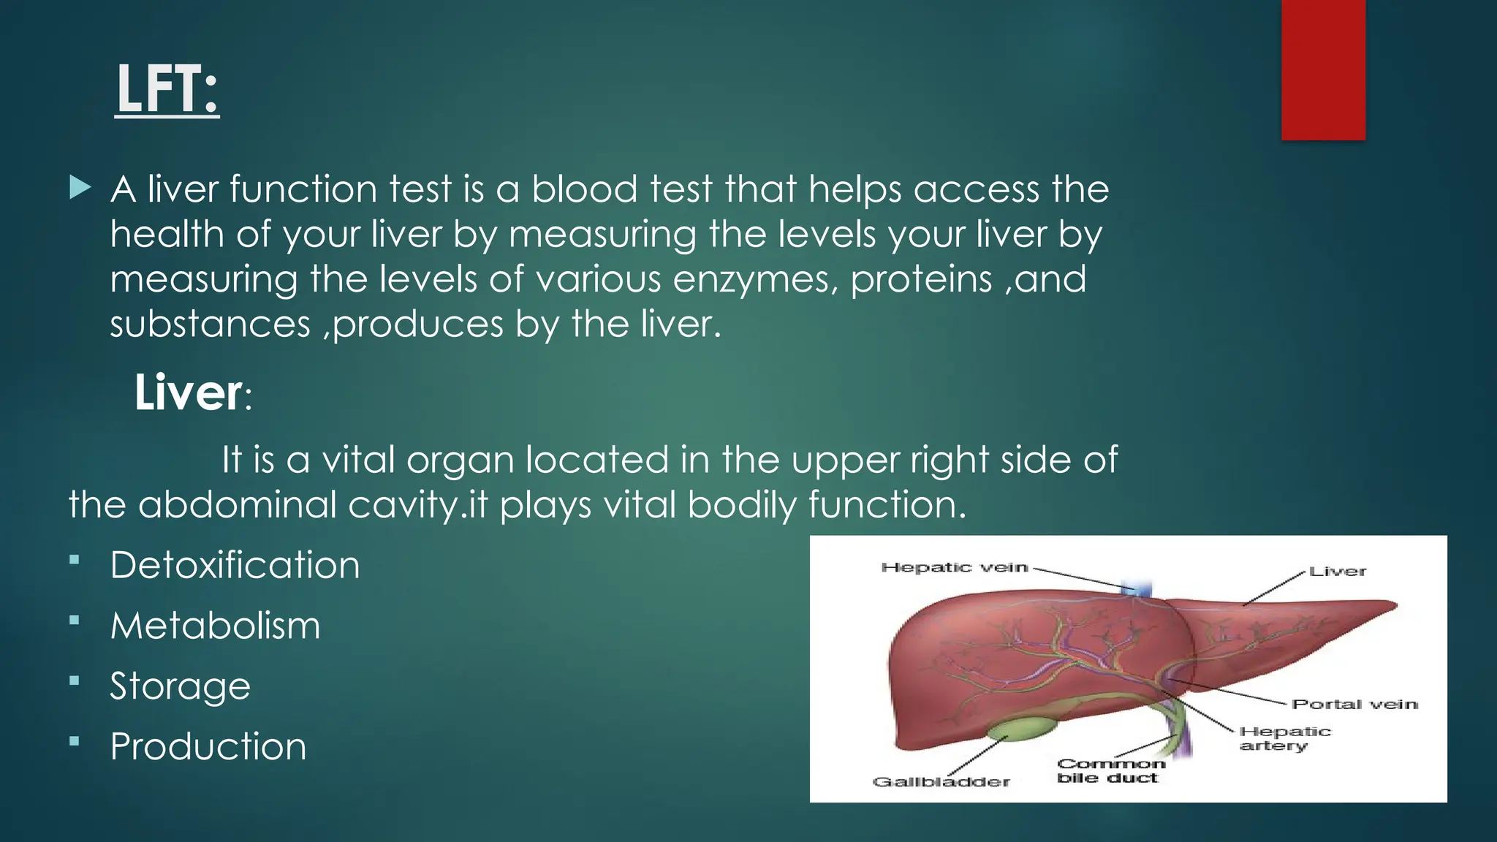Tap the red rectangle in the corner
point(1323,69)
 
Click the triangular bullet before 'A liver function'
point(80,188)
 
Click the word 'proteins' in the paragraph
point(920,279)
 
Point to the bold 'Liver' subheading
point(188,392)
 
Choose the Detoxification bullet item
point(235,565)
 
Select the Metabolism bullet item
point(215,626)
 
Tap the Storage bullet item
point(180,686)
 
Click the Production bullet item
point(208,746)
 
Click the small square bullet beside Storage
point(74,680)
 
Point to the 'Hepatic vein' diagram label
point(954,567)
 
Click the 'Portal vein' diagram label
point(1354,704)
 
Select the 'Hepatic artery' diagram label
point(1284,738)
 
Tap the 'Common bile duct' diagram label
point(1110,770)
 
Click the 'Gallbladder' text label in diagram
point(941,782)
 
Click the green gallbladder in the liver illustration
point(1020,729)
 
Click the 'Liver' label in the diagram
point(1337,572)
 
